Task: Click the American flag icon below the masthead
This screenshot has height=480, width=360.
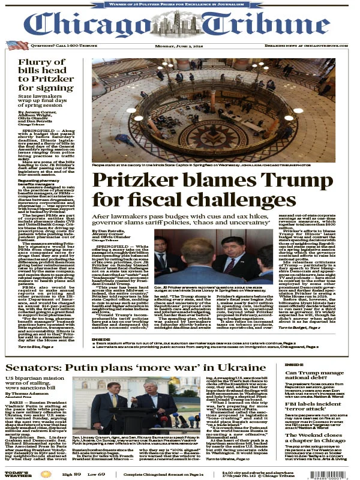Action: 17,45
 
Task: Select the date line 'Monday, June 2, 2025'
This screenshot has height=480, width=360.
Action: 179,45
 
